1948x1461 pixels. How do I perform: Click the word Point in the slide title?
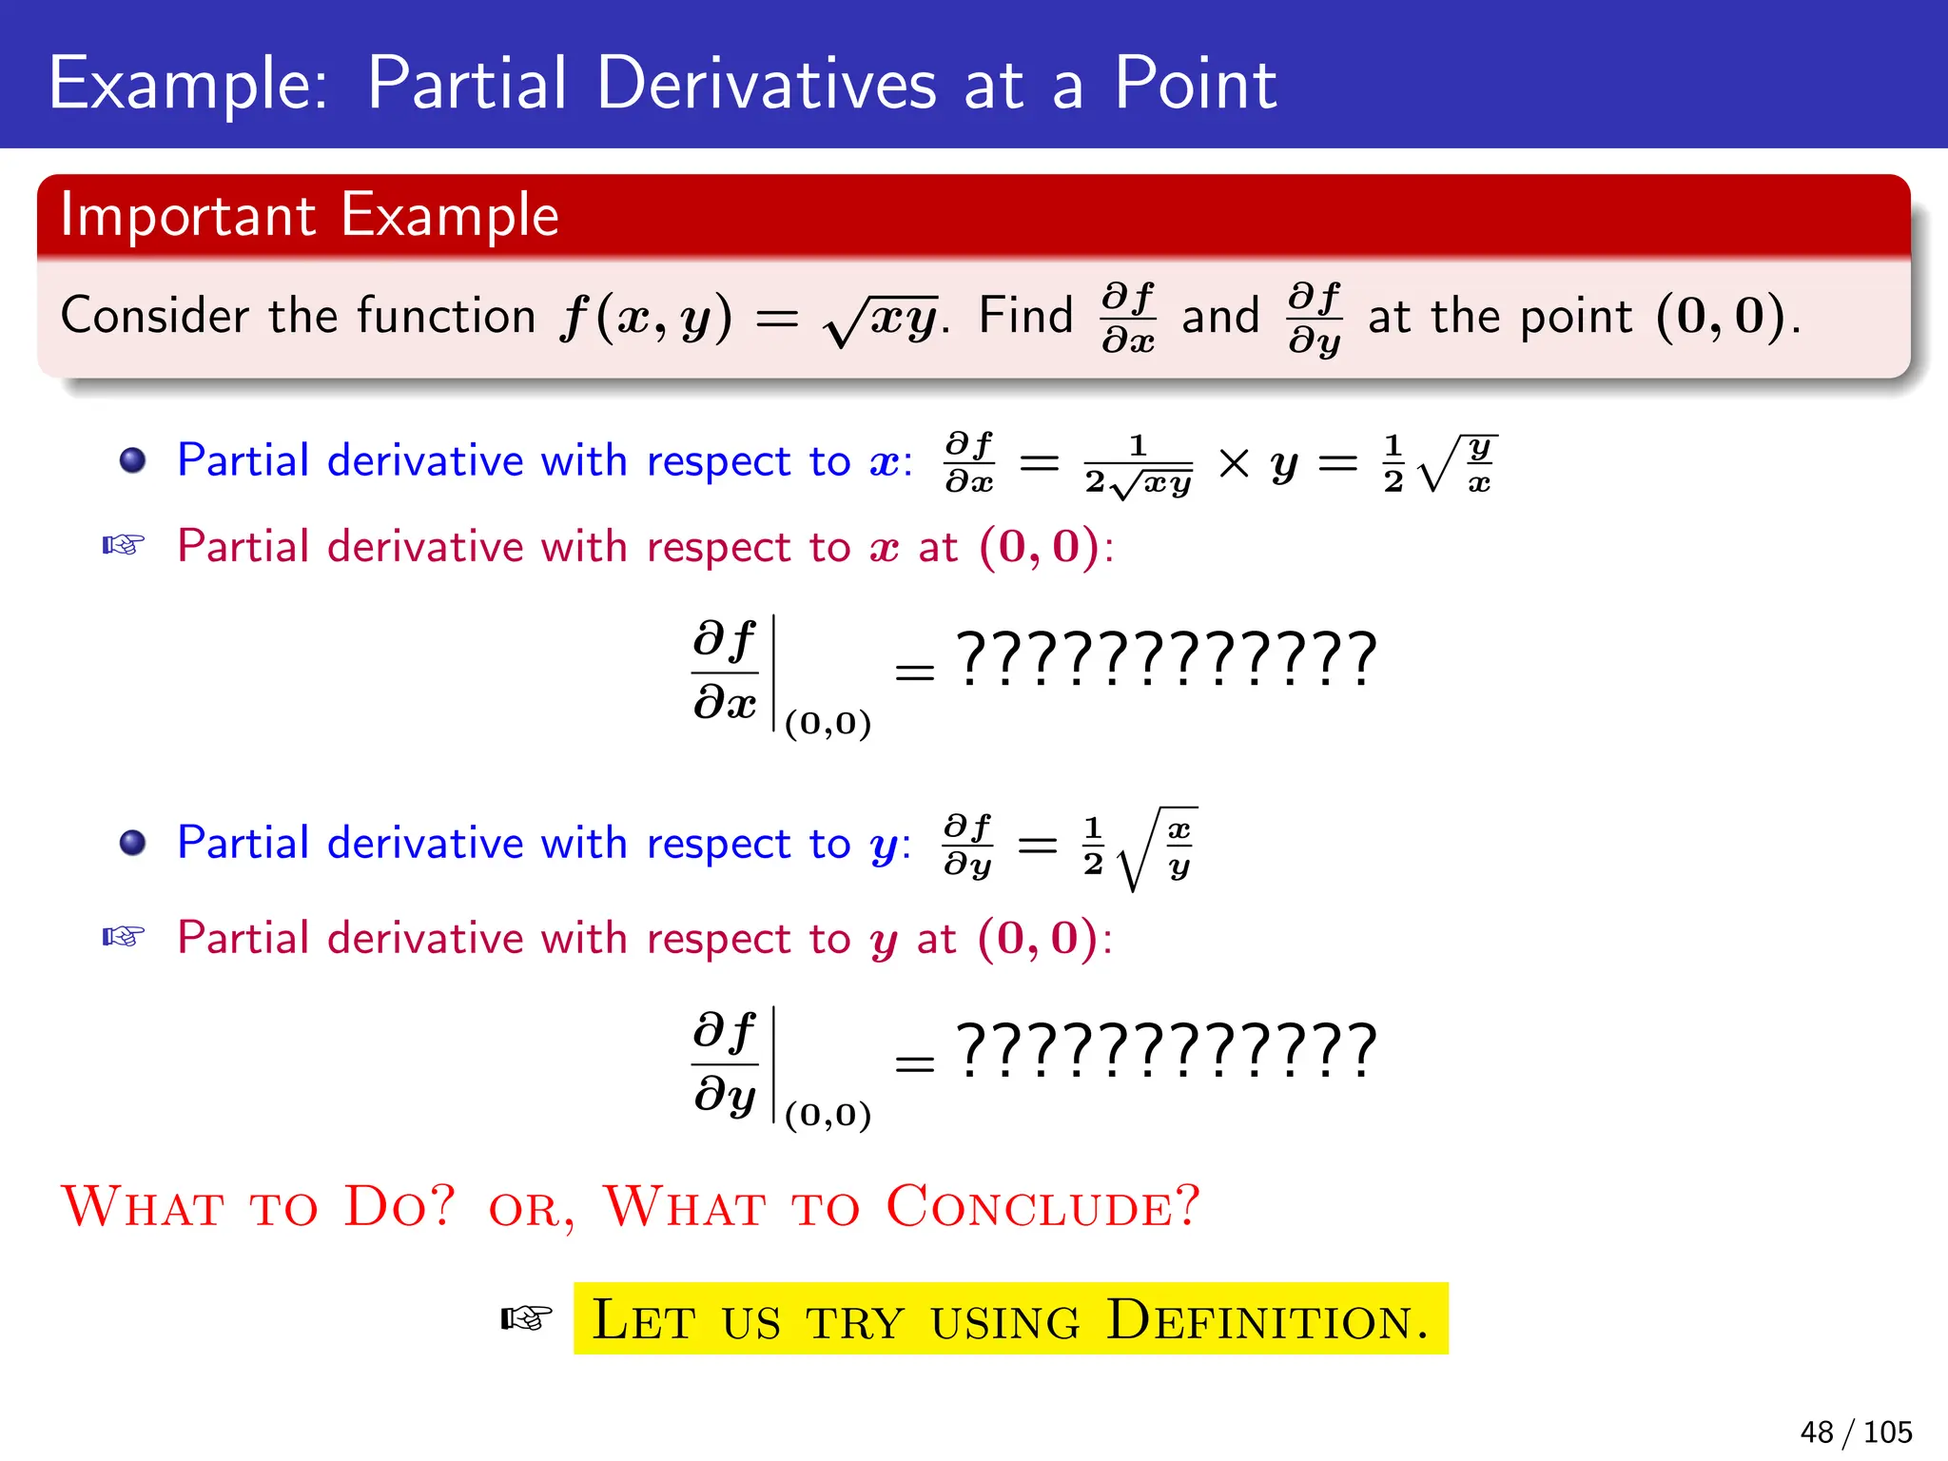click(x=1195, y=84)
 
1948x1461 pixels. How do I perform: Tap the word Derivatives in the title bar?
click(x=766, y=84)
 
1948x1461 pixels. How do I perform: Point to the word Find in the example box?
click(x=1025, y=316)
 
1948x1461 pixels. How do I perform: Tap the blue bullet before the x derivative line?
click(x=133, y=461)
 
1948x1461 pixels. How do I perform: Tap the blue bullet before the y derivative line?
click(x=133, y=843)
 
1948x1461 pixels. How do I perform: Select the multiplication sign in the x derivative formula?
click(x=1234, y=464)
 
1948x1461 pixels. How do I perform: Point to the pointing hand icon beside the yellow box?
click(x=526, y=1318)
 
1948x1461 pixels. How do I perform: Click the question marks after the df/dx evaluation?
click(x=1166, y=658)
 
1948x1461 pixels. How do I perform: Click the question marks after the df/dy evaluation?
click(x=1166, y=1050)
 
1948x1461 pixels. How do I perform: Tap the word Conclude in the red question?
click(x=1042, y=1206)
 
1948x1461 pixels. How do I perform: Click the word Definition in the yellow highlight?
click(x=1267, y=1320)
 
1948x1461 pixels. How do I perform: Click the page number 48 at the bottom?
click(x=1816, y=1432)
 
